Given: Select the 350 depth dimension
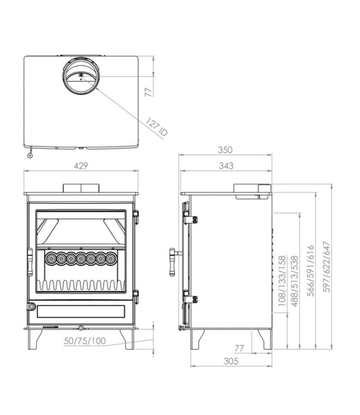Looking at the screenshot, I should pos(225,150).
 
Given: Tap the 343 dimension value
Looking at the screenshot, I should pos(225,165).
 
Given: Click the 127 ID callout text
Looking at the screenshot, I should pos(157,127).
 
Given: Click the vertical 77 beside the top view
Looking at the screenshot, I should pos(148,91).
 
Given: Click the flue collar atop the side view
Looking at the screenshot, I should pos(252,190).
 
